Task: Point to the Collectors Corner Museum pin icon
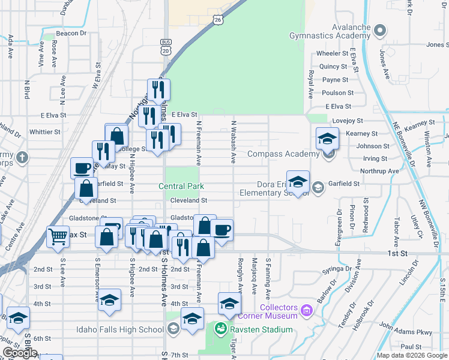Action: pos(306,310)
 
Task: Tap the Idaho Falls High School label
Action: pos(120,329)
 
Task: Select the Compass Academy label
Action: pos(282,154)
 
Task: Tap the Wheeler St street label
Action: pos(332,53)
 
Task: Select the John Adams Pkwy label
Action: pos(414,331)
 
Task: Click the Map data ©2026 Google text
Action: pos(411,355)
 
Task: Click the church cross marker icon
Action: pos(22,158)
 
